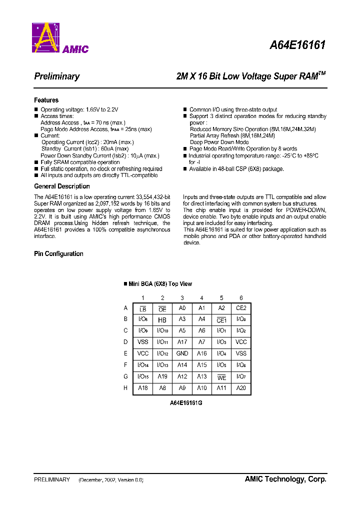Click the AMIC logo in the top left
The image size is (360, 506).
click(60, 38)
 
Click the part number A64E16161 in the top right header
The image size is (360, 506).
click(297, 45)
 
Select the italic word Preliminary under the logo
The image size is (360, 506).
click(56, 76)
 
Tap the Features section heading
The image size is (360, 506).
click(46, 100)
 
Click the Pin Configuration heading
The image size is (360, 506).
click(58, 253)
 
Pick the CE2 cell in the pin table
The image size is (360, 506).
click(241, 308)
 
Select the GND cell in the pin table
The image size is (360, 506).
click(182, 353)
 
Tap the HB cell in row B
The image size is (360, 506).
click(162, 320)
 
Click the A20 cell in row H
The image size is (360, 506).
click(241, 387)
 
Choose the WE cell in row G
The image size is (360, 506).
click(221, 376)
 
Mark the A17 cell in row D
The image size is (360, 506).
click(182, 342)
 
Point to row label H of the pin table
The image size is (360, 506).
click(125, 387)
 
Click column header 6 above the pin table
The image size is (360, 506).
click(241, 298)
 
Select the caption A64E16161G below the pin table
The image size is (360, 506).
click(186, 403)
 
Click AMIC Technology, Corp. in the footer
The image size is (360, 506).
click(285, 479)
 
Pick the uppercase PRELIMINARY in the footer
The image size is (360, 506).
click(51, 479)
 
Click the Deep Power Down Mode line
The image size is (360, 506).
click(219, 142)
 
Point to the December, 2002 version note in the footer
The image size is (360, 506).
click(111, 479)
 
